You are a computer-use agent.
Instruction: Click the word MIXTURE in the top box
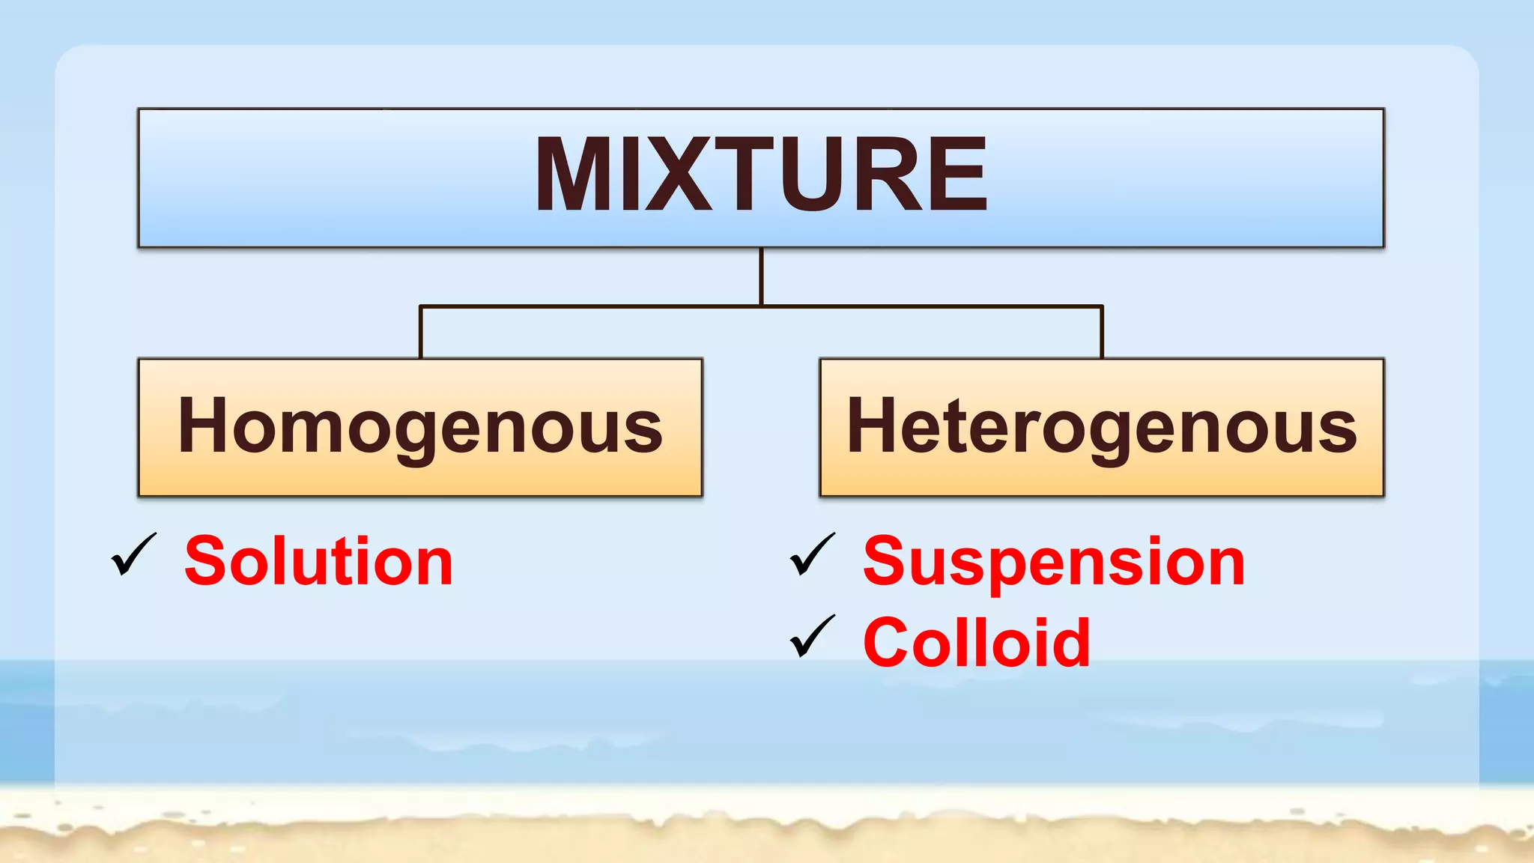click(761, 175)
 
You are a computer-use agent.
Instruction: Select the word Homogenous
click(420, 426)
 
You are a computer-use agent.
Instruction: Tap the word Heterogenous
click(1102, 426)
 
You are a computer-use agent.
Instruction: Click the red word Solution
click(318, 561)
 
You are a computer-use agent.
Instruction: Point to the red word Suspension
click(1054, 563)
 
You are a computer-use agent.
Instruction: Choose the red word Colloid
click(977, 642)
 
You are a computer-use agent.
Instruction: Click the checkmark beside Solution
click(133, 555)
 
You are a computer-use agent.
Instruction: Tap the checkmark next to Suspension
click(812, 555)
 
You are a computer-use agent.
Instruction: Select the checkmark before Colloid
click(812, 636)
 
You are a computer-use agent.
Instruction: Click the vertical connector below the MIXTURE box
click(761, 276)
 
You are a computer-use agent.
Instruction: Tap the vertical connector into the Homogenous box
click(420, 332)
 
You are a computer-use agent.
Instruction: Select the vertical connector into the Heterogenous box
click(1102, 332)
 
